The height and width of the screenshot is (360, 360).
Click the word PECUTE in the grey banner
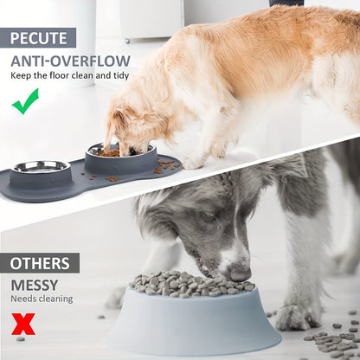click(x=39, y=38)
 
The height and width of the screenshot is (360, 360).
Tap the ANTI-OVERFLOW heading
click(x=71, y=61)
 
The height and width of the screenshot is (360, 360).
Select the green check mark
click(x=25, y=101)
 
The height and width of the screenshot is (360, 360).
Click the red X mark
click(x=23, y=324)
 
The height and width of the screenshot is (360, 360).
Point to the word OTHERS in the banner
click(x=40, y=263)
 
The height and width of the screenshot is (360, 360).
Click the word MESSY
click(x=35, y=285)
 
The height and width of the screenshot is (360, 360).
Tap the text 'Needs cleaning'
click(x=42, y=299)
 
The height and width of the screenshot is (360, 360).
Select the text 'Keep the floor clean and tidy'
click(x=69, y=75)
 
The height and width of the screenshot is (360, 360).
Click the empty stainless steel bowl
click(x=41, y=167)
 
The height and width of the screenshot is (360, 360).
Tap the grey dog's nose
click(x=240, y=272)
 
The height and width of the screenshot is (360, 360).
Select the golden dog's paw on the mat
click(x=194, y=164)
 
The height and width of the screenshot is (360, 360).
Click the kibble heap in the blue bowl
click(x=192, y=284)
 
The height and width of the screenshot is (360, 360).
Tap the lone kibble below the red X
click(x=20, y=338)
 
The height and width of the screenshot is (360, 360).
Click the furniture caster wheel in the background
click(x=127, y=41)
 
